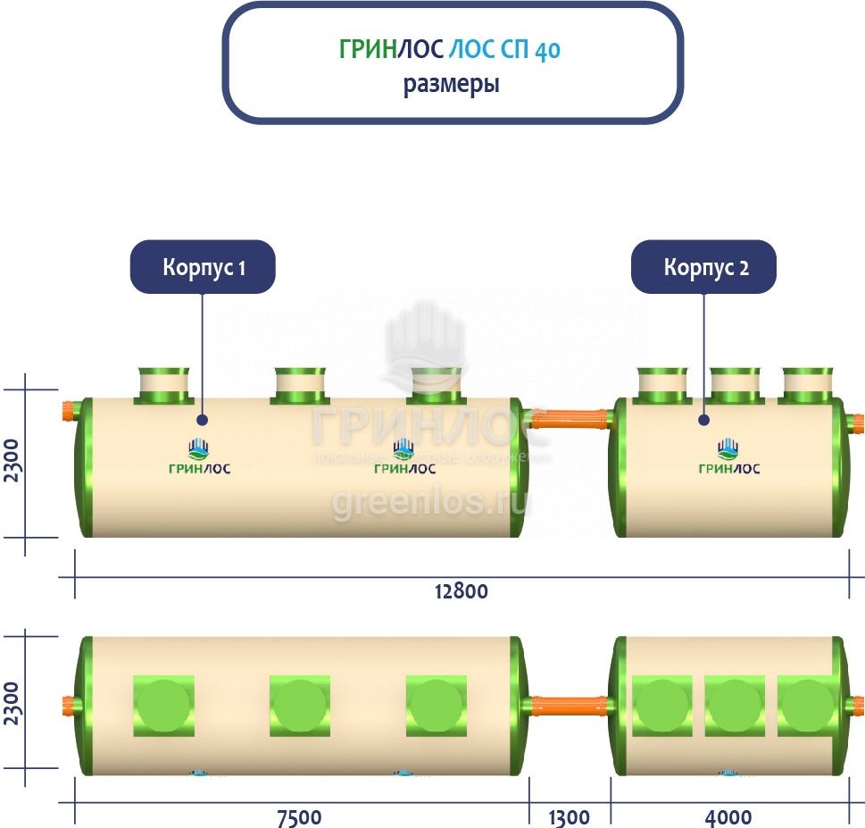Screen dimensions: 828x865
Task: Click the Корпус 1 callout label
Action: click(203, 267)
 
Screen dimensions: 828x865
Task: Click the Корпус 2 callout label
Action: click(703, 267)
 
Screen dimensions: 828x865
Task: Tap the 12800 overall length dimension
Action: click(462, 591)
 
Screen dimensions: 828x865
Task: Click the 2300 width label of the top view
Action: click(12, 703)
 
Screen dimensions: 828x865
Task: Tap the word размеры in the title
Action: click(451, 86)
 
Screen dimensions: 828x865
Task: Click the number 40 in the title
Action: click(547, 51)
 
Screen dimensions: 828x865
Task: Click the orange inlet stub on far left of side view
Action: click(67, 413)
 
